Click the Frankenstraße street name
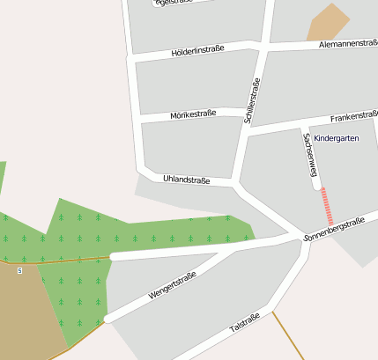click(353, 116)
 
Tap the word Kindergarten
click(336, 138)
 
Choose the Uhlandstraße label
click(186, 180)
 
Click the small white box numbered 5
click(19, 270)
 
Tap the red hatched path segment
click(328, 206)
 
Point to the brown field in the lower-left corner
click(26, 308)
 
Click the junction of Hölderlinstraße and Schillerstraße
click(262, 44)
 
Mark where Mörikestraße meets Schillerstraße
click(245, 113)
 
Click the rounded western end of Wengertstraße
click(107, 319)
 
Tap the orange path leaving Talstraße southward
click(287, 334)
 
